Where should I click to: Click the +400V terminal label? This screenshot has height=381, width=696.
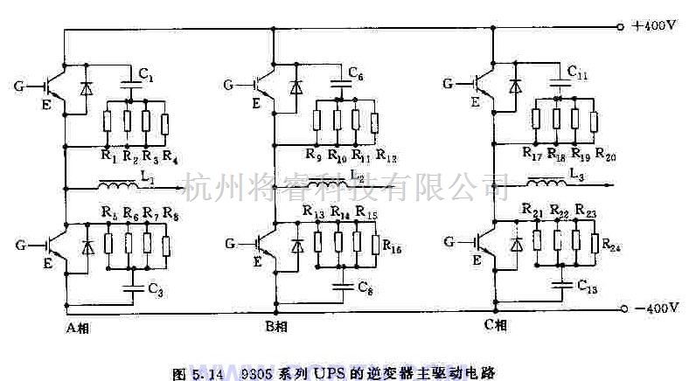pyautogui.click(x=654, y=26)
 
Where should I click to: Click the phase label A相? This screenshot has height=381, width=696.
pyautogui.click(x=79, y=329)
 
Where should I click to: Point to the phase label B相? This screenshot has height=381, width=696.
pyautogui.click(x=276, y=328)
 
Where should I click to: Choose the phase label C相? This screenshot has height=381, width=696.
pyautogui.click(x=496, y=326)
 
